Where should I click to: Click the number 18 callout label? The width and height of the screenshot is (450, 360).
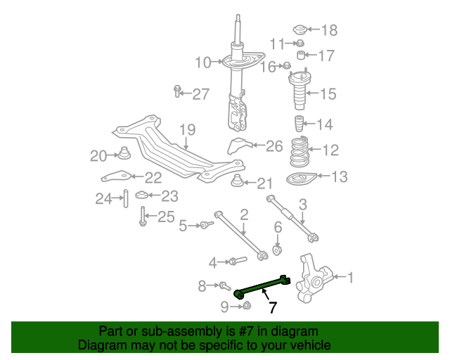(329, 30)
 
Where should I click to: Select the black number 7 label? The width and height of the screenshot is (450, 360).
(272, 307)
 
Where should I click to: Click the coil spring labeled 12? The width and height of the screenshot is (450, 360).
(300, 150)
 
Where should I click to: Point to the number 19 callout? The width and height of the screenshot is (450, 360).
(186, 129)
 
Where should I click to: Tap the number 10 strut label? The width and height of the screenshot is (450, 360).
(203, 63)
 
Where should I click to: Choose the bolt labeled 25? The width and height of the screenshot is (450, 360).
(143, 216)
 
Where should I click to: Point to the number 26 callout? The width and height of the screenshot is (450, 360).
(274, 146)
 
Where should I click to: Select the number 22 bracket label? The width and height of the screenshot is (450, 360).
(153, 177)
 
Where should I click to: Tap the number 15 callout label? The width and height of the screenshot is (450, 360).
(329, 94)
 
